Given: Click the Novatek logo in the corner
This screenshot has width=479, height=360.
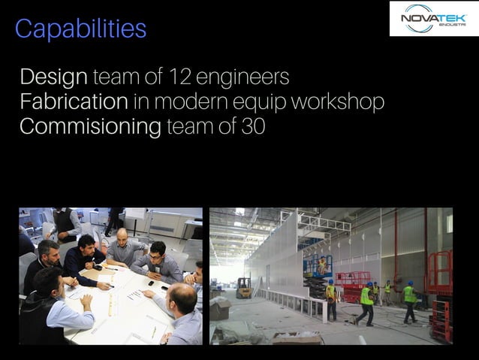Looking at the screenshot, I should (x=433, y=19).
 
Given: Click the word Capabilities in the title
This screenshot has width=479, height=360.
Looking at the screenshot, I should (x=80, y=29).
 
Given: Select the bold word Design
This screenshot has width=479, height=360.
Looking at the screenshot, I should (x=54, y=78).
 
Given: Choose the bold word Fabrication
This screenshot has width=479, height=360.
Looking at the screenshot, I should (x=74, y=102).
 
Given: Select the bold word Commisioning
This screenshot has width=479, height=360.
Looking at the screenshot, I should (x=90, y=126).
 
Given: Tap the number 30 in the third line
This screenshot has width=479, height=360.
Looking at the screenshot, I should (x=253, y=126).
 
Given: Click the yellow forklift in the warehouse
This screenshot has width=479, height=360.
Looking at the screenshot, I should (x=244, y=286).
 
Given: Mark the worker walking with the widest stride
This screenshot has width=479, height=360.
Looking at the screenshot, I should (x=366, y=301).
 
